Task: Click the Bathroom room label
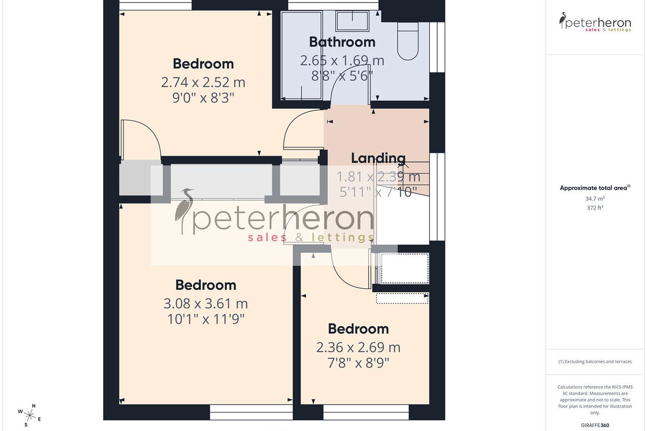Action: point(342,42)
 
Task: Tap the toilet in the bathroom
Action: point(408,41)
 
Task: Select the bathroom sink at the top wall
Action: point(353,21)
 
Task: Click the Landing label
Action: point(378,158)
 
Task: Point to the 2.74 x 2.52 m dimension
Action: point(203,82)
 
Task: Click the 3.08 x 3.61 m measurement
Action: point(205,304)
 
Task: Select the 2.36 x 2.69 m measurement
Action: point(358,347)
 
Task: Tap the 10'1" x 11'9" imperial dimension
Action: point(205,319)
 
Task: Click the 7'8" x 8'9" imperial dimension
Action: point(358,363)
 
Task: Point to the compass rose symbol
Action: point(29,415)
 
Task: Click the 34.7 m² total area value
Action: point(595,199)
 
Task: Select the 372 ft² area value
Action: point(595,207)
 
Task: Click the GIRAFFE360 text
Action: point(595,425)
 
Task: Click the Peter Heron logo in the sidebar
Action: point(595,22)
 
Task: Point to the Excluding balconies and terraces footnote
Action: point(595,362)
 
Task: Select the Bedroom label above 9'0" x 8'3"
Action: point(203,64)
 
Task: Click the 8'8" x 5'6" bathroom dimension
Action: point(342,76)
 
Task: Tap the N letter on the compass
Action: point(34,406)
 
